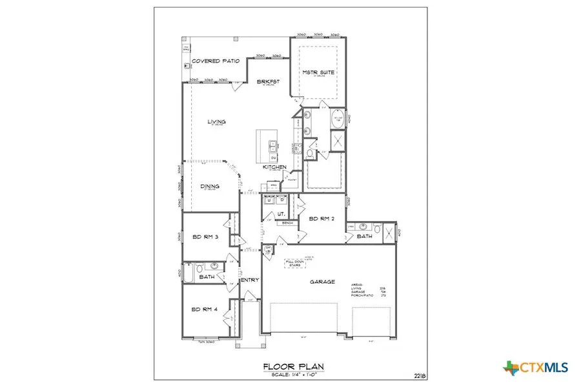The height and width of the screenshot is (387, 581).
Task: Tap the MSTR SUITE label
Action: [318, 74]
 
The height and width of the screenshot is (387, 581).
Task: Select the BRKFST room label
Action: [266, 82]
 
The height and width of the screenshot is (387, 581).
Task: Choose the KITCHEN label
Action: [274, 167]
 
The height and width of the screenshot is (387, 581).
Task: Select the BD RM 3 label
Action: [206, 237]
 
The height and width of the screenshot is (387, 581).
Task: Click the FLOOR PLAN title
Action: [294, 367]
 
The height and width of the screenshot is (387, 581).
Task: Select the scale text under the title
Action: [294, 375]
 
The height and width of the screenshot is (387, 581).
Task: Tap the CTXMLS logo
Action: [536, 367]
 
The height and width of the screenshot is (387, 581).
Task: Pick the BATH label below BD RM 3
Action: [207, 277]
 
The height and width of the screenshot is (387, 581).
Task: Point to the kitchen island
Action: [268, 145]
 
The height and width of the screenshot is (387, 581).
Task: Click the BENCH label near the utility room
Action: [289, 223]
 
